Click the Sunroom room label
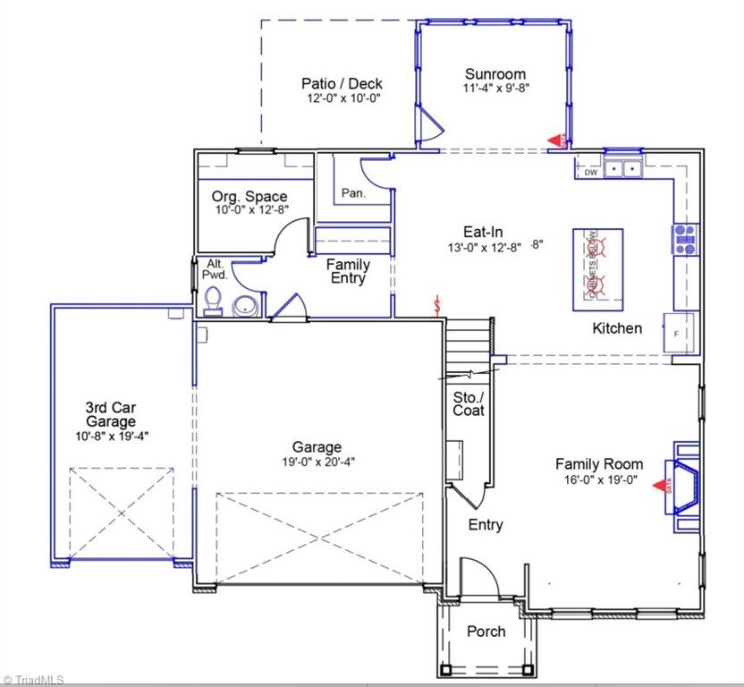click(495, 74)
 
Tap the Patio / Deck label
click(342, 84)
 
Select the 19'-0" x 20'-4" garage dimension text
click(317, 462)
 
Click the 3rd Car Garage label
click(111, 414)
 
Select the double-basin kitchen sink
click(623, 167)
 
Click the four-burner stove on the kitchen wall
click(686, 240)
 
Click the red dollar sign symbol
click(437, 306)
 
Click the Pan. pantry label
click(351, 193)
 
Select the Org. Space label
click(249, 197)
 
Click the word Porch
click(486, 632)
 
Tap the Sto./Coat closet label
click(469, 403)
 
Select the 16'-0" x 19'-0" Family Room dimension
click(599, 479)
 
